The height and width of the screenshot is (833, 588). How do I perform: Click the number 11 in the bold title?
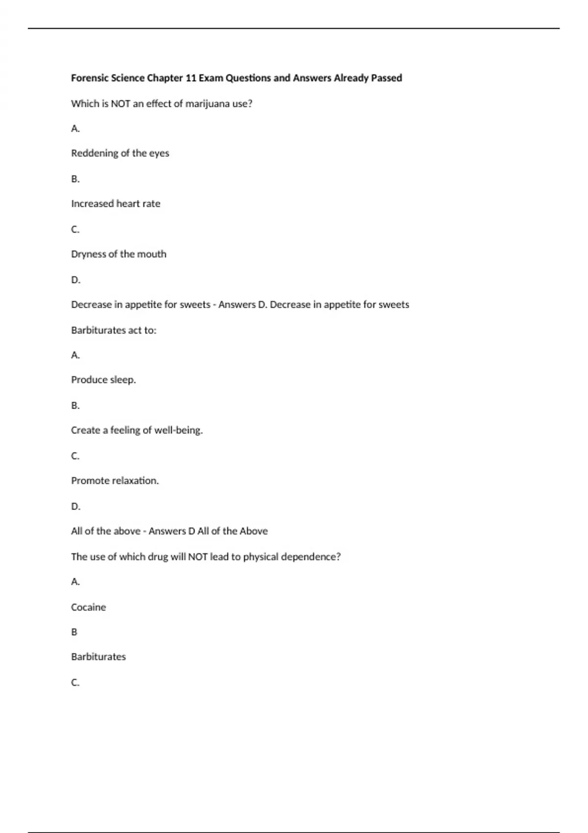[191, 78]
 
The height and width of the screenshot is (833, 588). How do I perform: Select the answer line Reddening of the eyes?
[120, 153]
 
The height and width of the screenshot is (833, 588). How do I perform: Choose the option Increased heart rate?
[116, 204]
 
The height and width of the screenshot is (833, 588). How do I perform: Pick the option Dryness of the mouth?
[119, 254]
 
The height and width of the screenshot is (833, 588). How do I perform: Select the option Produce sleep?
[103, 380]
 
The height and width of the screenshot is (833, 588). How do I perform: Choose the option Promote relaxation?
[115, 481]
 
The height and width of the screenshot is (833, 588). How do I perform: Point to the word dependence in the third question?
[310, 557]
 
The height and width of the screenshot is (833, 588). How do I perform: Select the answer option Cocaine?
[88, 607]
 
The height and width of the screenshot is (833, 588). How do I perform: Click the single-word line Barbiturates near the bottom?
[98, 657]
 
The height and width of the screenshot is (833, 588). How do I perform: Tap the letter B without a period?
[74, 632]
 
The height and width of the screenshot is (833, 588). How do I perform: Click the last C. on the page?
[75, 683]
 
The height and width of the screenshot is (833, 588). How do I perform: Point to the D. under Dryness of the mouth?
[75, 280]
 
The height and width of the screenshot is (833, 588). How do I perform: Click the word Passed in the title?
[387, 78]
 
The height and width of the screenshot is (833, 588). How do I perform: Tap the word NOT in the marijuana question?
[121, 104]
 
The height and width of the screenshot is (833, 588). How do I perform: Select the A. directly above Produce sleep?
[75, 355]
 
